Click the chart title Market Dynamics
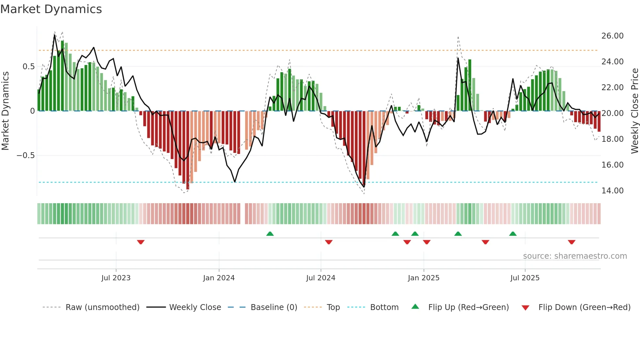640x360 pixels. [51, 9]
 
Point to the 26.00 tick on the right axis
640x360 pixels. [612, 36]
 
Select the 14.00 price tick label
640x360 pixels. [612, 191]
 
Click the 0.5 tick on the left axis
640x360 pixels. [28, 67]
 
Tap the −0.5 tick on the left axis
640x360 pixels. [26, 155]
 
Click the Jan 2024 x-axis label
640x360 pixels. [219, 278]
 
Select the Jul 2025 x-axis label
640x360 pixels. [525, 278]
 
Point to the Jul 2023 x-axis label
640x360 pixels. [116, 278]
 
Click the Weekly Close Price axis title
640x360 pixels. [634, 111]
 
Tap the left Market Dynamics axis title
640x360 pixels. [5, 111]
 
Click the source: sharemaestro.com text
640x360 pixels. [575, 256]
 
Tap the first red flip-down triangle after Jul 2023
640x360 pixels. [141, 242]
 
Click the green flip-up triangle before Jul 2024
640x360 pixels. [270, 234]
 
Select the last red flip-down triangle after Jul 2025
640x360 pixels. [571, 242]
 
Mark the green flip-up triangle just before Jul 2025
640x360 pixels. [513, 234]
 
